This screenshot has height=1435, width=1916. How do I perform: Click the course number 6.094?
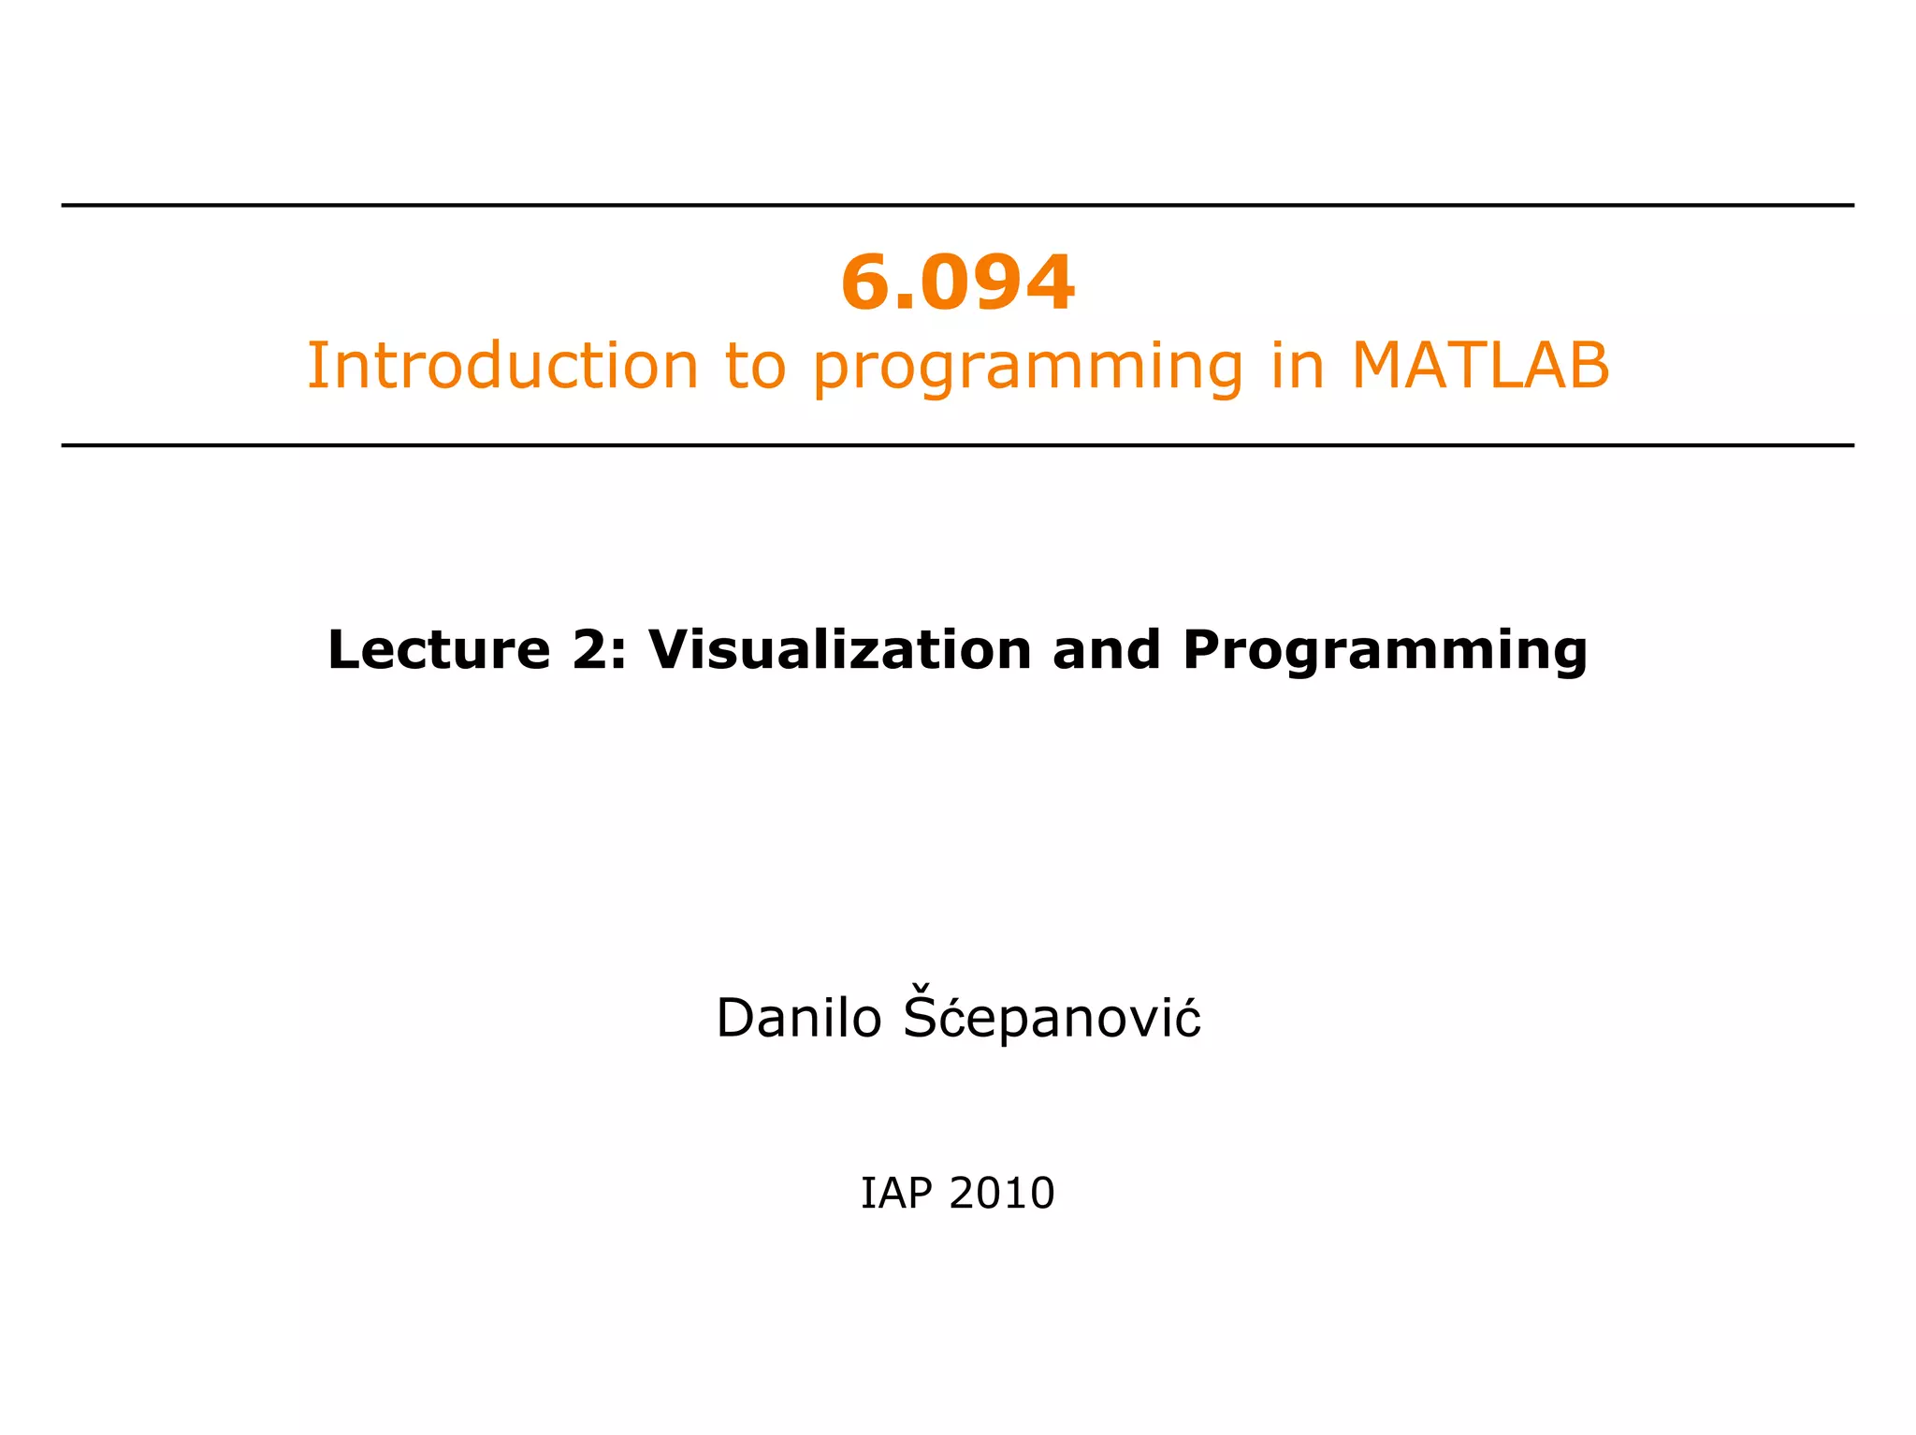click(958, 283)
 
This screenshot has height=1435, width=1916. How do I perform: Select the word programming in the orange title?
click(1028, 367)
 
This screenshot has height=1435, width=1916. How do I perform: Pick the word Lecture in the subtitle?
click(439, 649)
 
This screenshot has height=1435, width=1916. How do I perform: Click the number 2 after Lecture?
click(592, 649)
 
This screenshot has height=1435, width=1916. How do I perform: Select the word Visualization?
click(839, 649)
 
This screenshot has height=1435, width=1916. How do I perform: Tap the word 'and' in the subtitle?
click(1106, 649)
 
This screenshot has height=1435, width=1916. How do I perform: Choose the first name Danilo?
click(798, 1018)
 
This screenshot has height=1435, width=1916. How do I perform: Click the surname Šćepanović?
click(1052, 1018)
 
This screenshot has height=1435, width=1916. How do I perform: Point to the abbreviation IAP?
click(895, 1194)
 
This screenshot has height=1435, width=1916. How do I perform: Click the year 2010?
click(1001, 1194)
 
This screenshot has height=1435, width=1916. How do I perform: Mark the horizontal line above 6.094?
click(958, 205)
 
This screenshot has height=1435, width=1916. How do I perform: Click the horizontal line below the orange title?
click(958, 445)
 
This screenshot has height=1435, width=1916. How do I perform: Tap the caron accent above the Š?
click(922, 987)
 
